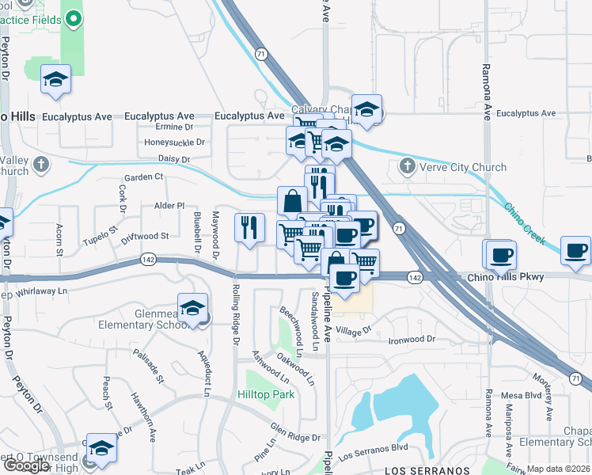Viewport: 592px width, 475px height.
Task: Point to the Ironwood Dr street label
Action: click(x=412, y=340)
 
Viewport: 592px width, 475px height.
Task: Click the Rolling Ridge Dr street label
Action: click(x=235, y=315)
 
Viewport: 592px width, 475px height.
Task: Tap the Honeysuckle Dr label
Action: click(x=174, y=142)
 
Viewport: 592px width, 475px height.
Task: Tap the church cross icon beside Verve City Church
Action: click(x=407, y=166)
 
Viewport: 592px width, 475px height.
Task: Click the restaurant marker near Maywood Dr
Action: click(x=249, y=228)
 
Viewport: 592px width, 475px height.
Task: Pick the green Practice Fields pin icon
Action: click(x=74, y=17)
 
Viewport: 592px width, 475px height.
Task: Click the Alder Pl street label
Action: click(x=169, y=205)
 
